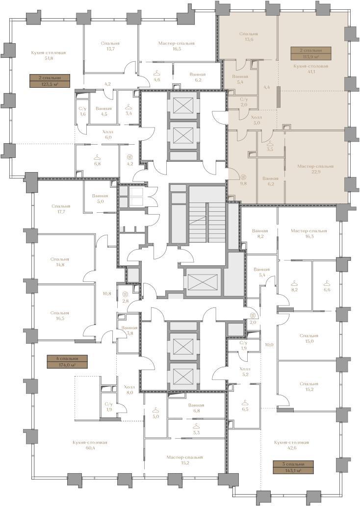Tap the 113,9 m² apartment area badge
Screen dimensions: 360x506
[x=310, y=53]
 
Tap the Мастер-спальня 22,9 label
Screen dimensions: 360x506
[x=315, y=169]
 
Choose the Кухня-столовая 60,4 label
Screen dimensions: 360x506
[x=90, y=445]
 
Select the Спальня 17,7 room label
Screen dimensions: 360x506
[x=61, y=209]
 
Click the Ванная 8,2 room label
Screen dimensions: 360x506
[x=260, y=234]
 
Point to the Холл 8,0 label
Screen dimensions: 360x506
[x=130, y=390]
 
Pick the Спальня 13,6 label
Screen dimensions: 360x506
[x=249, y=36]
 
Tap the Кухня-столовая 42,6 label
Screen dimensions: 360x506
[x=291, y=445]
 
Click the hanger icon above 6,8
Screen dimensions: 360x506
[x=97, y=157]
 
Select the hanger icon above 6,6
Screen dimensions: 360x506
[x=327, y=283]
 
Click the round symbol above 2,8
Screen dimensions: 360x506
[x=125, y=294]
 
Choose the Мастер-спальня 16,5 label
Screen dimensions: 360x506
[x=176, y=46]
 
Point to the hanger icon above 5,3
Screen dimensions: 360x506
[x=196, y=426]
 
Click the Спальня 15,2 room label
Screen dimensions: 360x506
[x=309, y=386]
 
